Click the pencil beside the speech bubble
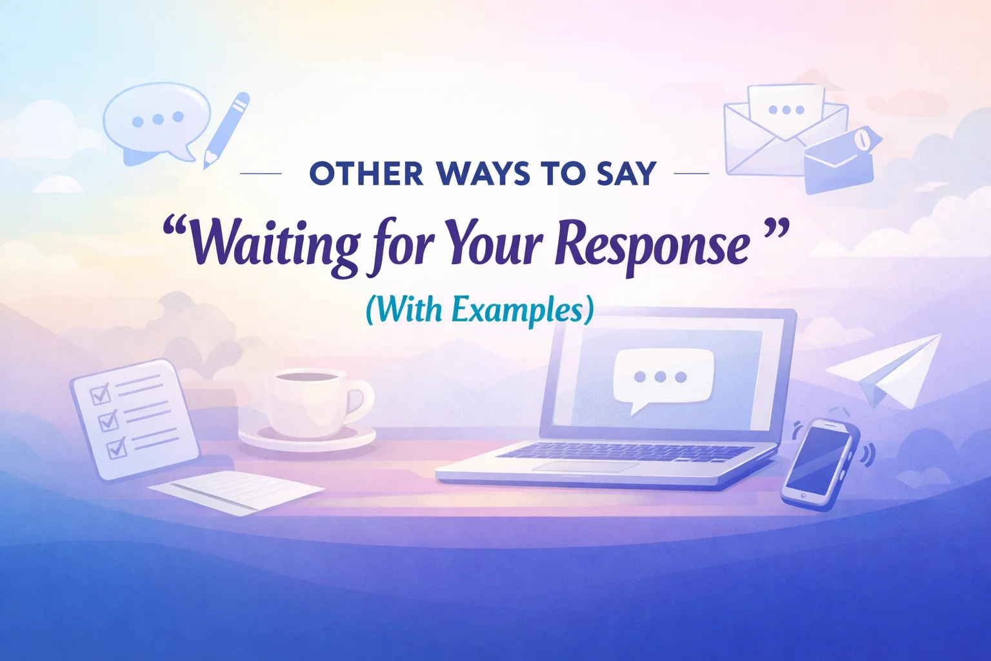click(226, 129)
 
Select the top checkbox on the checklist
click(100, 394)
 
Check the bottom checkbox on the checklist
click(116, 447)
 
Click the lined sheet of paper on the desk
click(235, 491)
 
